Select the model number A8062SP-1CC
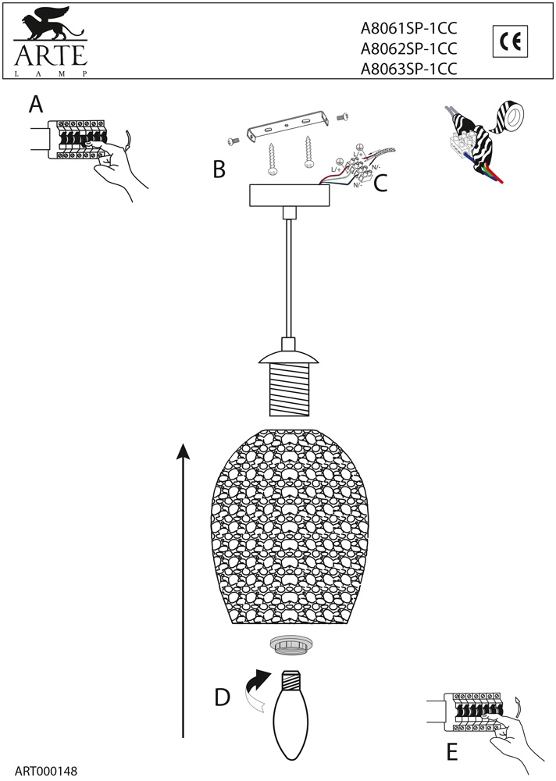click(x=408, y=48)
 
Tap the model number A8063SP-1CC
click(x=408, y=69)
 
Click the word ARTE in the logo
click(x=48, y=56)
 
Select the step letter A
click(x=36, y=104)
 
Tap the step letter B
click(x=219, y=169)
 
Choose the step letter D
click(x=223, y=697)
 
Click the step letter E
click(x=451, y=752)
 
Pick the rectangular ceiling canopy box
click(x=288, y=195)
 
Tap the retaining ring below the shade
click(x=289, y=647)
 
